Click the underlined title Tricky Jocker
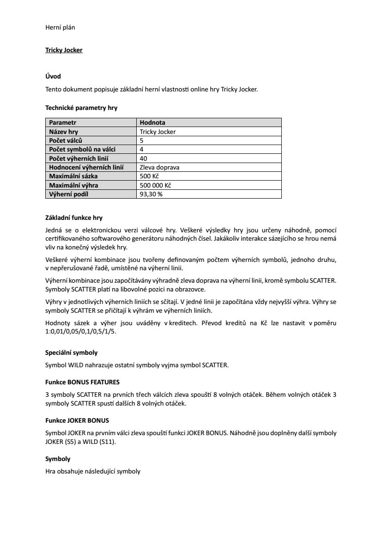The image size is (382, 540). (x=64, y=50)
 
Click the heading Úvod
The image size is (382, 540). (x=53, y=76)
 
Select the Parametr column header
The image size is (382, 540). (x=62, y=122)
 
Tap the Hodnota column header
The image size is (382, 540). (x=152, y=122)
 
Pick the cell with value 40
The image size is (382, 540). (x=143, y=158)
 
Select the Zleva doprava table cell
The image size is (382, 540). (x=159, y=167)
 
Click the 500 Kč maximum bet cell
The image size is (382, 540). (x=149, y=176)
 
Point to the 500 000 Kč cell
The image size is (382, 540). (x=155, y=185)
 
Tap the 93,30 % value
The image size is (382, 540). (x=151, y=194)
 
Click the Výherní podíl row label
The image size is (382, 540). (x=68, y=194)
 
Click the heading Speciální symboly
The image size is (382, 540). (x=71, y=352)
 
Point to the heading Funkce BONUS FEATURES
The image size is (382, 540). (x=82, y=382)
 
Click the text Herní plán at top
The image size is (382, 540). (x=60, y=27)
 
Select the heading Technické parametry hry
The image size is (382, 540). (x=81, y=108)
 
